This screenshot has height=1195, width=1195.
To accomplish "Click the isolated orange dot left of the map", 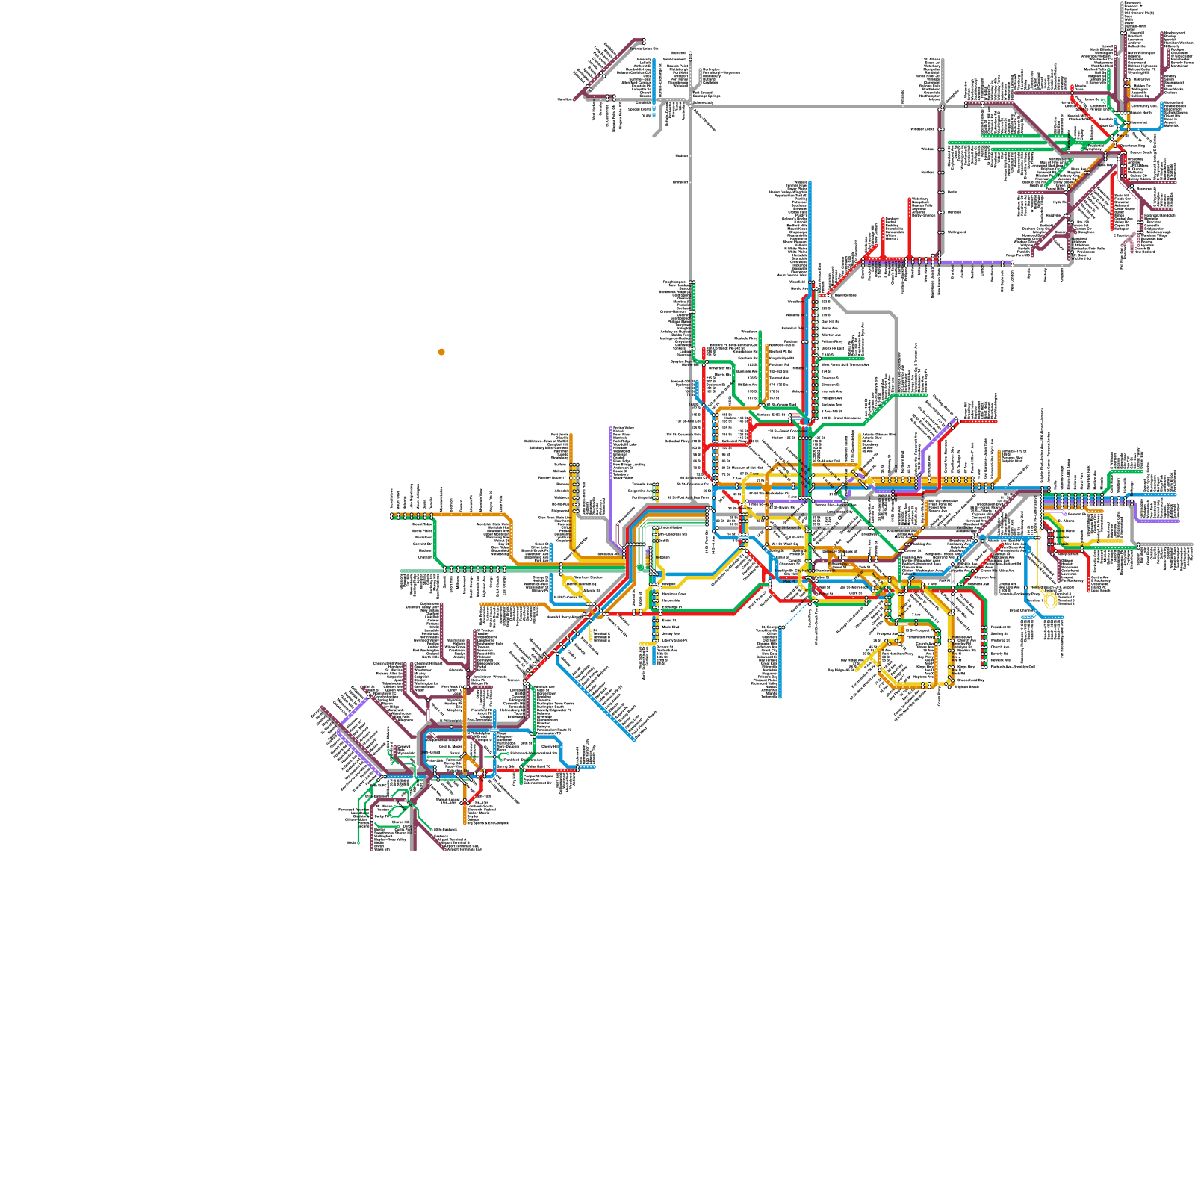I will (x=441, y=352).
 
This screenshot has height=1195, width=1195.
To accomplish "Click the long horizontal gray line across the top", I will (x=814, y=107).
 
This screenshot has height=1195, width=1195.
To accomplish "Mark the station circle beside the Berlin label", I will (x=941, y=192).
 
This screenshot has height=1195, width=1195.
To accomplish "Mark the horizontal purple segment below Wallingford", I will (x=971, y=263).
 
